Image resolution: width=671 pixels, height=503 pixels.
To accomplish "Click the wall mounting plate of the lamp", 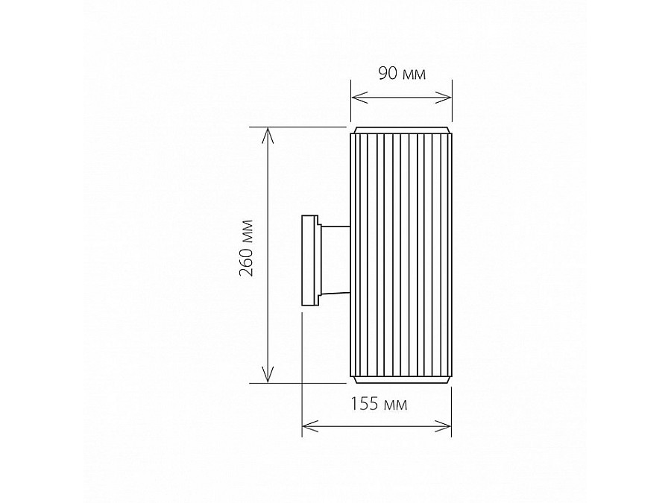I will coord(308,260).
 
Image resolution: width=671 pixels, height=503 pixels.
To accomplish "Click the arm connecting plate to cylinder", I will coord(334,260).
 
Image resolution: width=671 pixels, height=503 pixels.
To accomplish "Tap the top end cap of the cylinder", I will coord(402,131).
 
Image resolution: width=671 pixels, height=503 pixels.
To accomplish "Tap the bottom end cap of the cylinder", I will coord(402,380).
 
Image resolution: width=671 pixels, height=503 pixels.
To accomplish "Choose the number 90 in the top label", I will coord(388,73).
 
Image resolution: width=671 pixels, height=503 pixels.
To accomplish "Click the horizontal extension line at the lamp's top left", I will coord(298,126).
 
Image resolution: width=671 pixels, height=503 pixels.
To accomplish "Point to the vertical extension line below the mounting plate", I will coord(302,373).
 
